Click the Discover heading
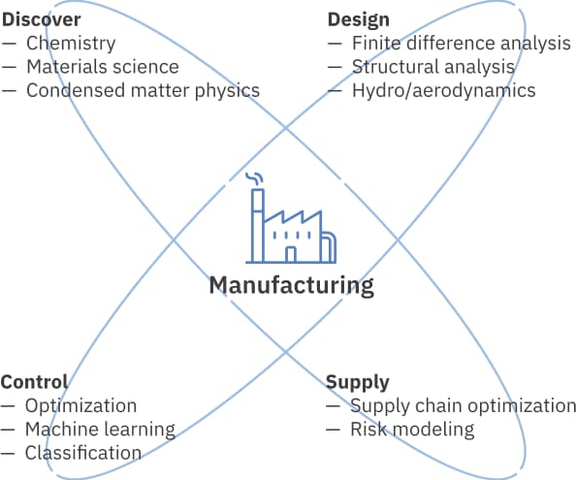pyautogui.click(x=41, y=19)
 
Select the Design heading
pyautogui.click(x=359, y=19)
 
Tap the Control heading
pyautogui.click(x=34, y=382)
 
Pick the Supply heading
pyautogui.click(x=358, y=383)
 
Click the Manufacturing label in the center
pyautogui.click(x=292, y=286)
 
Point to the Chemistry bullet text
pyautogui.click(x=71, y=44)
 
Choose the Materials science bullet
pyautogui.click(x=103, y=67)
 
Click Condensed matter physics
pyautogui.click(x=143, y=91)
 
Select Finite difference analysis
pyautogui.click(x=462, y=44)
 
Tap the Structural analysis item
pyautogui.click(x=433, y=67)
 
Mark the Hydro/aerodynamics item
pyautogui.click(x=444, y=91)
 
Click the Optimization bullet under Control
pyautogui.click(x=80, y=406)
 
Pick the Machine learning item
pyautogui.click(x=100, y=430)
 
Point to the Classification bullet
pyautogui.click(x=83, y=453)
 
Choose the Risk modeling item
pyautogui.click(x=412, y=430)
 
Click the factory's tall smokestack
pyautogui.click(x=258, y=226)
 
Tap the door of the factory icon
pyautogui.click(x=291, y=254)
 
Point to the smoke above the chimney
pyautogui.click(x=255, y=178)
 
